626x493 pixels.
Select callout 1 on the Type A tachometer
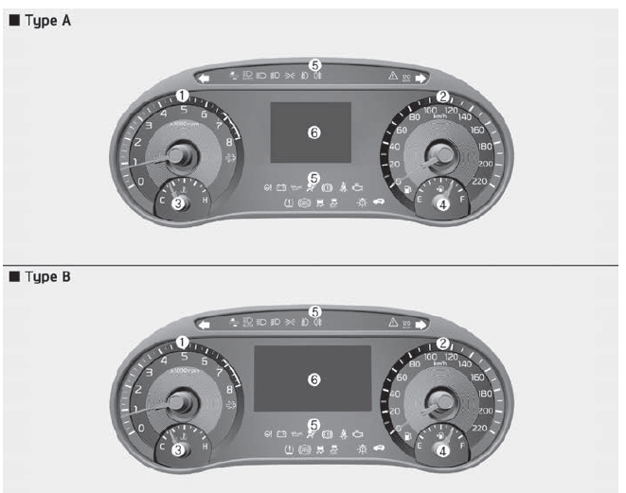[181, 96]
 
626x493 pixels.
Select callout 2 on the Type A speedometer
[441, 96]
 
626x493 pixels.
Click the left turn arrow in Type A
[203, 79]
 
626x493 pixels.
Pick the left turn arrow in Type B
[203, 323]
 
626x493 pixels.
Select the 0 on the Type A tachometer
[140, 181]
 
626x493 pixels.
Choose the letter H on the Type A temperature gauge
[206, 201]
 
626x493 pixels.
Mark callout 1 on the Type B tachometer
[183, 342]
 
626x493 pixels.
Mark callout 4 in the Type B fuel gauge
[439, 450]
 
